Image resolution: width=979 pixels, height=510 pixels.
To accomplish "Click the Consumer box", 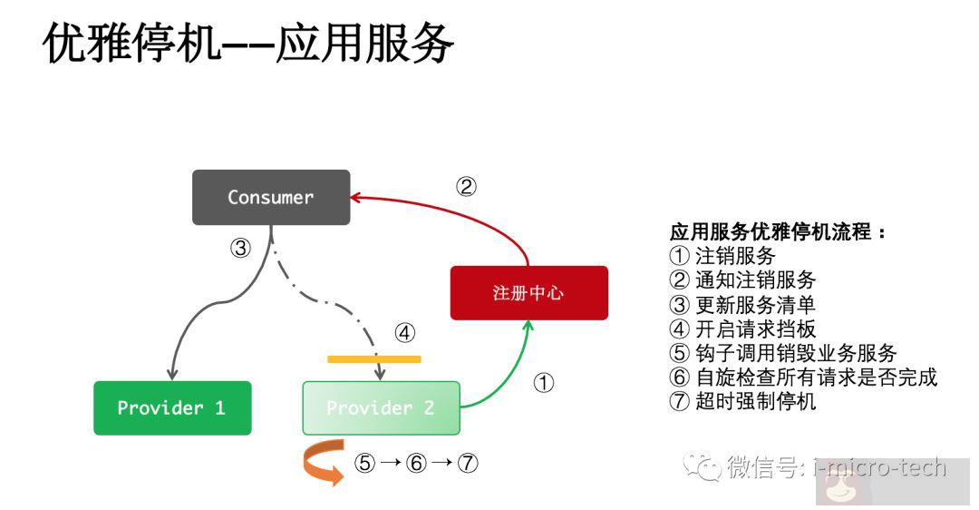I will (270, 197).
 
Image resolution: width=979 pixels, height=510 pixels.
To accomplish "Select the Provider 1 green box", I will (172, 407).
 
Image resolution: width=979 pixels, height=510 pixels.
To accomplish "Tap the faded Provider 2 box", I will (381, 407).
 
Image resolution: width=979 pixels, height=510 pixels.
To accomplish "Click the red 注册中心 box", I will (528, 292).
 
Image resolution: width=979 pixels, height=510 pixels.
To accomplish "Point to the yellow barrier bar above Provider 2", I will (373, 359).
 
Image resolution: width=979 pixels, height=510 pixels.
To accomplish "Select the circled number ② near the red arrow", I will (465, 187).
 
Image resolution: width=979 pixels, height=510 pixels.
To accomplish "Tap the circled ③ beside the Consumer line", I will (239, 248).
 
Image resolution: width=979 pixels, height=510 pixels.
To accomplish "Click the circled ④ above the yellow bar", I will (404, 333).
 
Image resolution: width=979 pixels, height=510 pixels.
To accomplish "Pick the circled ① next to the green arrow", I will (543, 383).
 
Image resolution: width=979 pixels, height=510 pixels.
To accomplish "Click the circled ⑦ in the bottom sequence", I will (467, 463).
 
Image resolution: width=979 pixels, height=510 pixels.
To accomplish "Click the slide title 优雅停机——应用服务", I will (247, 44).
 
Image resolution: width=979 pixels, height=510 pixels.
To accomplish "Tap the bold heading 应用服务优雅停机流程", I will (778, 231).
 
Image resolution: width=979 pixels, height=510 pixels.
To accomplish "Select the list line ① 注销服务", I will (722, 255).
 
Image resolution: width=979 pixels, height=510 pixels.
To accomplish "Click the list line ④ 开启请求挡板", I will (742, 329).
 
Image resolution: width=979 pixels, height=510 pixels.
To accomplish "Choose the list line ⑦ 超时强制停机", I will (742, 401).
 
